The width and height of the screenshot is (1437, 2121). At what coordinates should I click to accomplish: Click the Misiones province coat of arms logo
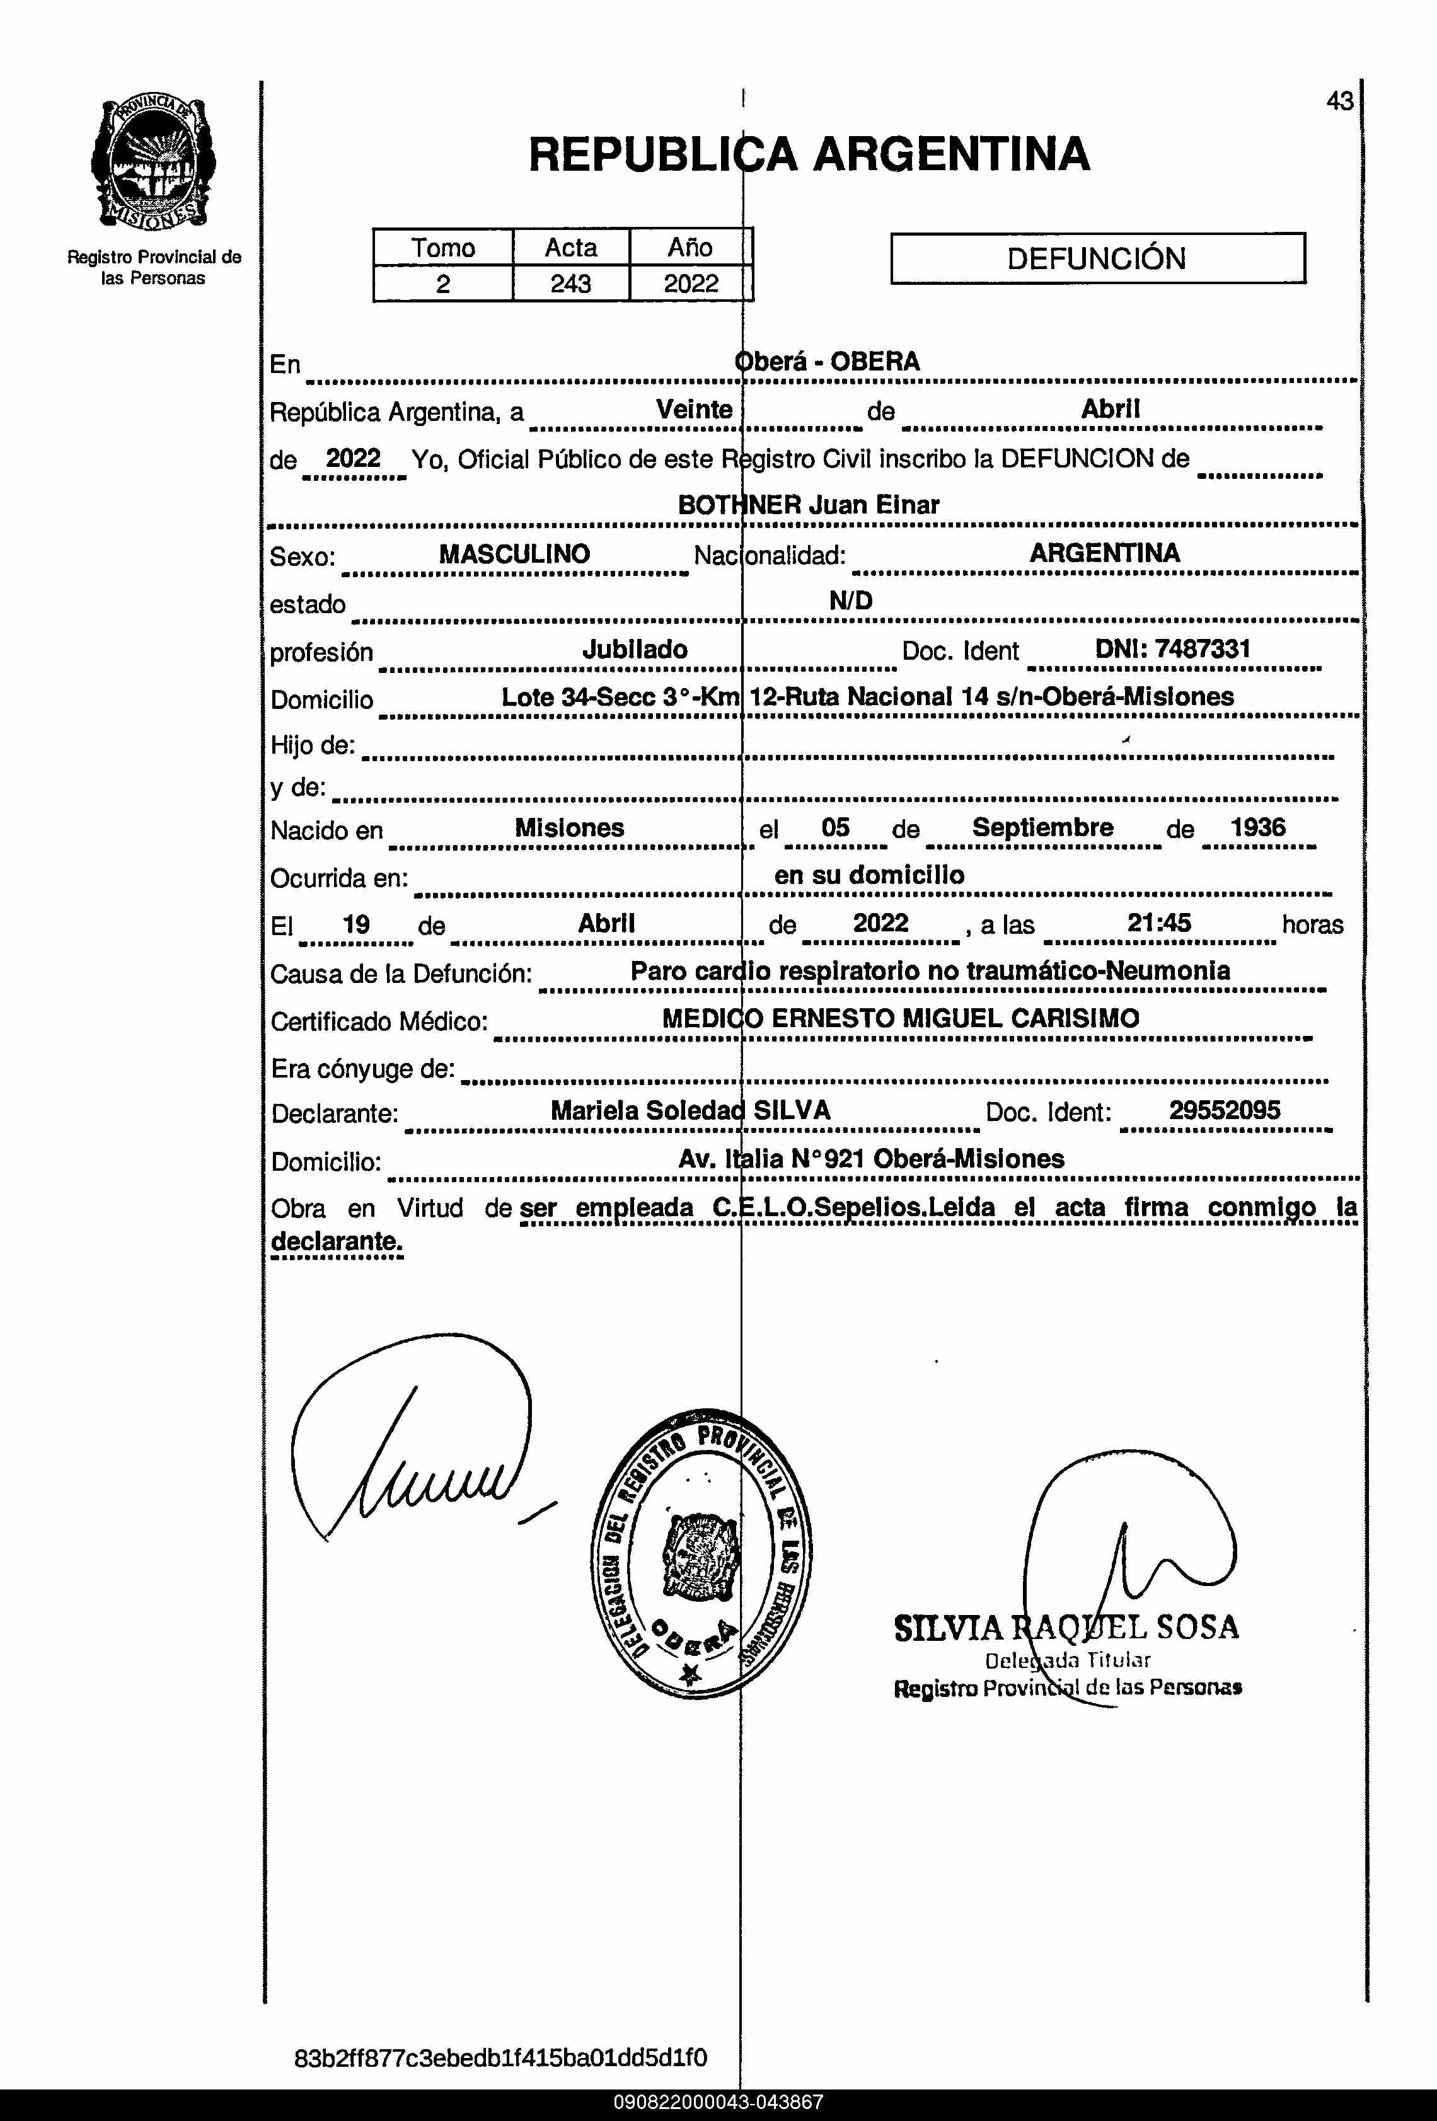click(153, 164)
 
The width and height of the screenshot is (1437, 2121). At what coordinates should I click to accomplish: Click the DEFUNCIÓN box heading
click(1097, 258)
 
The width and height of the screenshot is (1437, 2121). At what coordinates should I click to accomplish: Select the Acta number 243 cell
click(570, 284)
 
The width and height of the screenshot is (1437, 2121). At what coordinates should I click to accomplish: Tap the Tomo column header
click(443, 248)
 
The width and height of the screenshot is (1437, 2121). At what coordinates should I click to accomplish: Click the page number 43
click(1339, 101)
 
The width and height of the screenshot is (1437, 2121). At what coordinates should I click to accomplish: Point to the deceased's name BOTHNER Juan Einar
click(808, 505)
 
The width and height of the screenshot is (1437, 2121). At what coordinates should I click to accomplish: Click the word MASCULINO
click(514, 554)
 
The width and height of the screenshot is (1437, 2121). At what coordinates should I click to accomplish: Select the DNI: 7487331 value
click(1172, 649)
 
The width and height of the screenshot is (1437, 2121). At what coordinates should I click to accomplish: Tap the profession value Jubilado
click(635, 650)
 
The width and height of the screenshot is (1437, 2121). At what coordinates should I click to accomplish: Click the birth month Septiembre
click(1042, 828)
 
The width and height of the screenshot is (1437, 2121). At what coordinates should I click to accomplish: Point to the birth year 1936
click(1257, 828)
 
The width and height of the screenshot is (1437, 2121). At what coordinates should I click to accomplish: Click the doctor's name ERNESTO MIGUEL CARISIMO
click(955, 1018)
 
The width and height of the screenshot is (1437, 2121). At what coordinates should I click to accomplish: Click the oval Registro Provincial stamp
click(701, 1553)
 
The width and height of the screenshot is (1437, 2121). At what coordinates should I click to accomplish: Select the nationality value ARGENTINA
click(1105, 553)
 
